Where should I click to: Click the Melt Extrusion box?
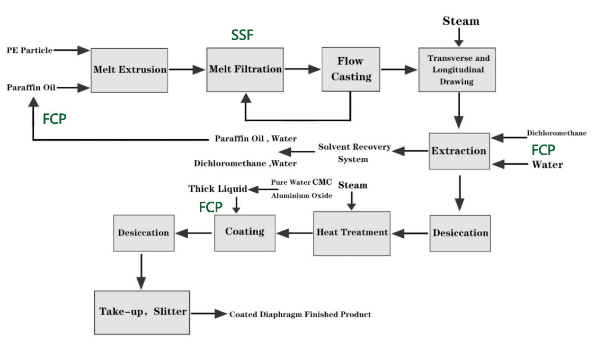pos(130,70)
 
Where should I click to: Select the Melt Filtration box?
pos(245,69)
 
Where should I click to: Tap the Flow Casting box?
pos(351,69)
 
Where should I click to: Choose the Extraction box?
pos(459,151)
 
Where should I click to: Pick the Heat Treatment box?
pos(352,232)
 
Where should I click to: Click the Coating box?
pos(245,232)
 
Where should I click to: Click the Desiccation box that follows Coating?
pos(144,233)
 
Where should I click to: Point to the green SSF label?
pos(242,35)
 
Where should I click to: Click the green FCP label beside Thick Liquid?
pos(211,208)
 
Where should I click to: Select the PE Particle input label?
pos(30,50)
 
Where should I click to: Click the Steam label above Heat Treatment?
pos(352,185)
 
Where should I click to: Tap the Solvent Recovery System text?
pos(354,153)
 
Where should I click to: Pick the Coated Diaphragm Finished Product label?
pos(300,314)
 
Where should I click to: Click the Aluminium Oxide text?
pos(301,196)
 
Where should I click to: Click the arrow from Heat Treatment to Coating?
pos(295,232)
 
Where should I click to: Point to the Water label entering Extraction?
pos(547,165)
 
